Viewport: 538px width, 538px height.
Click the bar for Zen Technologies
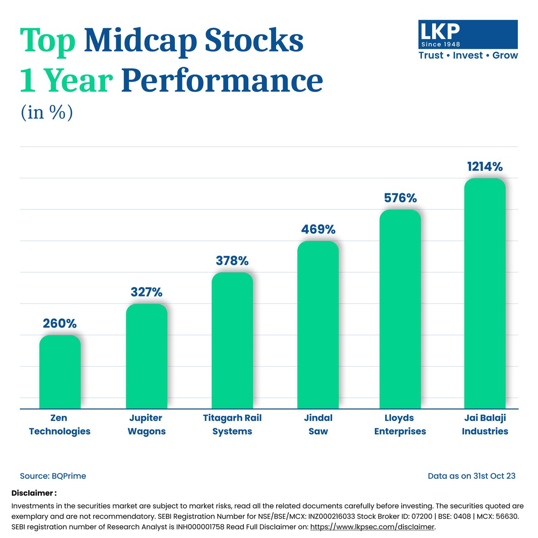click(x=60, y=372)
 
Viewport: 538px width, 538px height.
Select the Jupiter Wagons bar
click(x=147, y=356)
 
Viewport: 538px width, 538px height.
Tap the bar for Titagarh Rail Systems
click(x=232, y=341)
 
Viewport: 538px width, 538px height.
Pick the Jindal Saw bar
click(x=318, y=325)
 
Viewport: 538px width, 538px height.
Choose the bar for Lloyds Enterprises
click(x=400, y=309)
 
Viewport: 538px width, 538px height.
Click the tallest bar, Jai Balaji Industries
click(x=485, y=294)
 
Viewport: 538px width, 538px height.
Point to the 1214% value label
click(x=485, y=167)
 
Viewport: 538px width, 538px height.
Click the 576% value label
click(x=400, y=198)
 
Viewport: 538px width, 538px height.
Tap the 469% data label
click(x=318, y=229)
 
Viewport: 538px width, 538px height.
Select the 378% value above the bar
click(x=232, y=260)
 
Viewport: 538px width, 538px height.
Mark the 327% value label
click(x=147, y=292)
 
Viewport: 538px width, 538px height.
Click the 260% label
click(x=60, y=323)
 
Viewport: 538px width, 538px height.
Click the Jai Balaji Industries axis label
click(x=485, y=425)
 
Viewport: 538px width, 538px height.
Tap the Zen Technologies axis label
click(x=60, y=425)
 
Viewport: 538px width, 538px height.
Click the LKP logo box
click(x=468, y=35)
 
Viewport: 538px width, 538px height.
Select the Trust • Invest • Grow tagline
click(x=468, y=56)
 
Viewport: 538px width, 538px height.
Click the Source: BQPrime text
click(x=53, y=476)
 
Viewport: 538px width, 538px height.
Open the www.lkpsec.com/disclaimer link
click(x=372, y=527)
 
